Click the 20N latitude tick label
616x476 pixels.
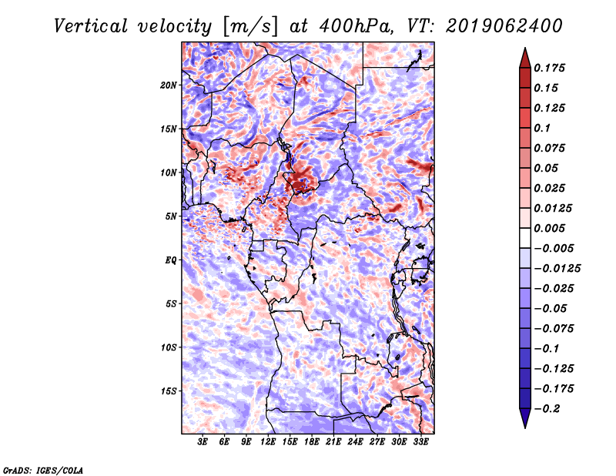click(169, 85)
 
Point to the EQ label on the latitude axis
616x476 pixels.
click(171, 260)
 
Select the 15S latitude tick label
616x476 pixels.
click(169, 391)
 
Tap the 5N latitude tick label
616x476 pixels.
click(171, 216)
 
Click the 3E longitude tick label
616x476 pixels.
click(203, 443)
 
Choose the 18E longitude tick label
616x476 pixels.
click(312, 443)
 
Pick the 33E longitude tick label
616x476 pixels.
click(420, 443)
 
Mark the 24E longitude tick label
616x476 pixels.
click(355, 443)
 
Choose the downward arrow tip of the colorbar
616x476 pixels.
click(524, 426)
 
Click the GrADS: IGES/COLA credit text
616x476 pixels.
click(43, 469)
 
